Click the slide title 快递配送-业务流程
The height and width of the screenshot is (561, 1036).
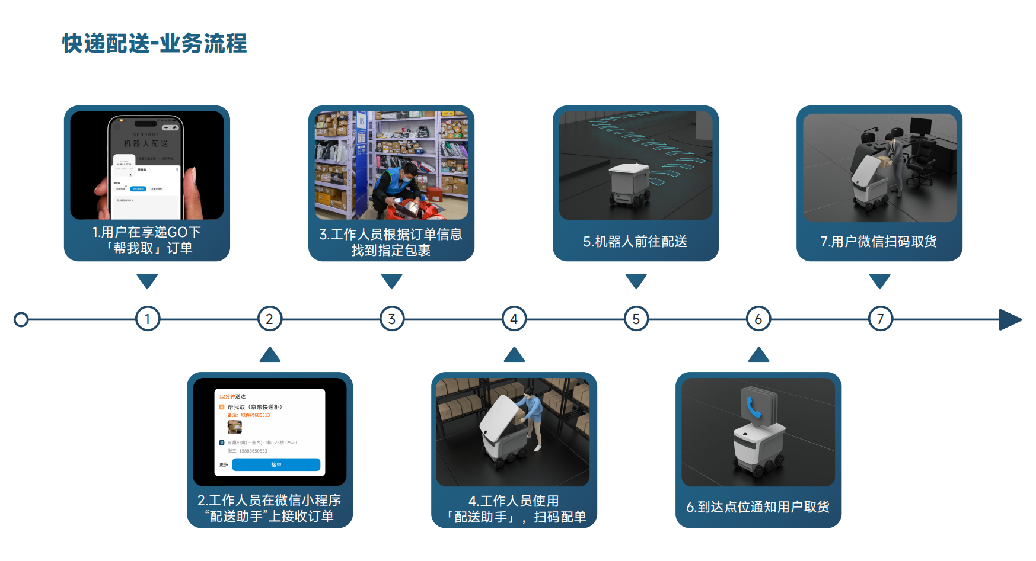pos(154,43)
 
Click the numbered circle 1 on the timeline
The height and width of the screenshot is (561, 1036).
pos(147,319)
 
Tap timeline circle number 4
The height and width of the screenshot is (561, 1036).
pos(514,319)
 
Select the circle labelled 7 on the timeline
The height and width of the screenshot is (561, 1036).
pos(880,319)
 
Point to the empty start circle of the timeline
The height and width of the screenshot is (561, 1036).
pos(21,320)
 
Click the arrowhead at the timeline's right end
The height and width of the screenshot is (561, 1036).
pos(1010,320)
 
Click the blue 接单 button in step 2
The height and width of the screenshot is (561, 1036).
pos(276,464)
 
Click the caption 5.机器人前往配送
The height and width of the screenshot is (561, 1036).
pos(635,242)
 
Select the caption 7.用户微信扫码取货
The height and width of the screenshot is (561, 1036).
pos(879,242)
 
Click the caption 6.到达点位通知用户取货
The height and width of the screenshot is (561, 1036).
pos(758,507)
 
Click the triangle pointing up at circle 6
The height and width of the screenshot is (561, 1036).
pos(758,355)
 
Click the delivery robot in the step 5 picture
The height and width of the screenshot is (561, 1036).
pos(629,184)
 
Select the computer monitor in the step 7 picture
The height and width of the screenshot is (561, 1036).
pos(920,127)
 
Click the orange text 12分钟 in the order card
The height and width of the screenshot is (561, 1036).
pos(225,396)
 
